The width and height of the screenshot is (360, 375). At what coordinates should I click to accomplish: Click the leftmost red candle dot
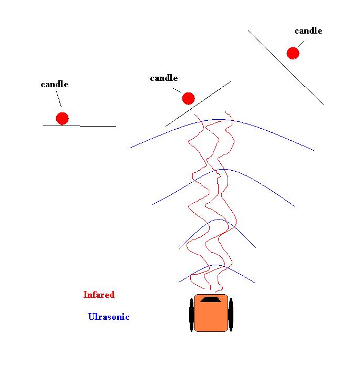coord(62,118)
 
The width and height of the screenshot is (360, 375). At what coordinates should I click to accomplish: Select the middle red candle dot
coord(188,98)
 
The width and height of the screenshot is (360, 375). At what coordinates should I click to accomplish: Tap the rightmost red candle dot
coord(293,53)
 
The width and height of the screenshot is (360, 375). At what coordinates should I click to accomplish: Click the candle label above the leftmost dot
coord(55,84)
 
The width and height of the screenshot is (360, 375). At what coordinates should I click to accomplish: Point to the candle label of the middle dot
coord(164,78)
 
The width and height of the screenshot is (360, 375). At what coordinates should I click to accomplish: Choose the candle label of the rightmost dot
coord(308,30)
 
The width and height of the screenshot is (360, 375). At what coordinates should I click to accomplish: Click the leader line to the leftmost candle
coord(58,99)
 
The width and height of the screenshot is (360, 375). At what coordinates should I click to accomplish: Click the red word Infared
coord(99,295)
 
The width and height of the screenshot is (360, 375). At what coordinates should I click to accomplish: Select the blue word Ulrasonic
coord(108,317)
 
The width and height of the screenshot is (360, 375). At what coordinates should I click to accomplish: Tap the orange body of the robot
coord(211,318)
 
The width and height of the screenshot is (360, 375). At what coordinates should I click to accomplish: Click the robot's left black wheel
coord(191,315)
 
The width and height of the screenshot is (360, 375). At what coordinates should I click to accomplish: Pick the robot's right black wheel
coord(231,315)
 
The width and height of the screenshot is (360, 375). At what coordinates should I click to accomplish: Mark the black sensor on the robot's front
coord(211,299)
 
